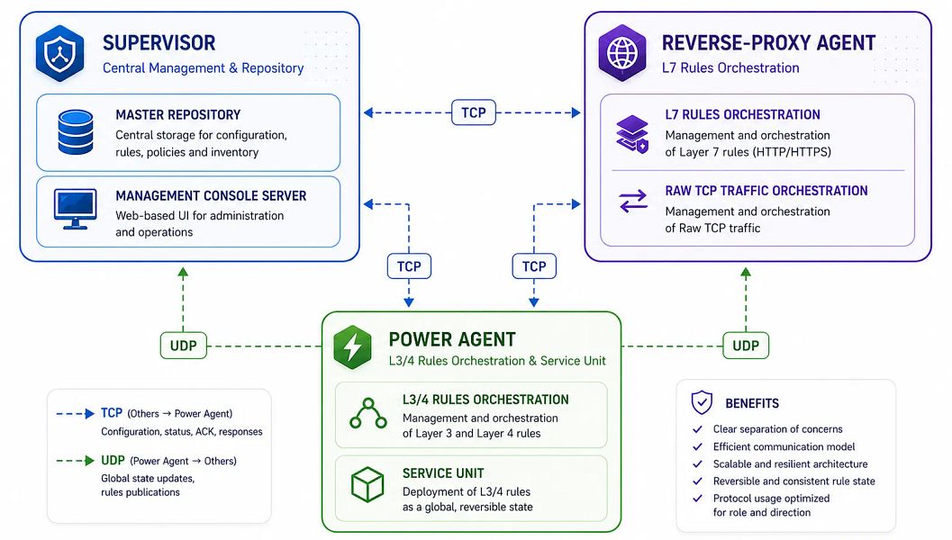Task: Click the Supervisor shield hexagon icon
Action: point(59,53)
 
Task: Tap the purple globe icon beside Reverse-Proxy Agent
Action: point(622,53)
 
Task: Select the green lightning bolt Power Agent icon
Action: point(353,347)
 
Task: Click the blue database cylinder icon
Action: point(76,131)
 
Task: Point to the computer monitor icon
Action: point(76,209)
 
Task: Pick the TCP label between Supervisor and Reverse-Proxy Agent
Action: point(474,112)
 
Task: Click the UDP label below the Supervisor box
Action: point(184,346)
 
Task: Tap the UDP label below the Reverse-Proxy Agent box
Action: point(746,346)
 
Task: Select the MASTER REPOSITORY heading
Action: point(178,114)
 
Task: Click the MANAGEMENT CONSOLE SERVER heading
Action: point(211,196)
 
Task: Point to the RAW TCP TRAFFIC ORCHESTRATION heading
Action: point(766,191)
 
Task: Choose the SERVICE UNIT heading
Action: point(443,473)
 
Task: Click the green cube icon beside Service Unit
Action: point(367,484)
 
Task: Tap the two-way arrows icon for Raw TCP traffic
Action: point(633,201)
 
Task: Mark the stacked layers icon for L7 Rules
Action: point(632,134)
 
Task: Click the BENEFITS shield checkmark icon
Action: point(702,402)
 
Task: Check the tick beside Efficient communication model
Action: point(698,446)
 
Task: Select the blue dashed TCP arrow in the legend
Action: point(76,414)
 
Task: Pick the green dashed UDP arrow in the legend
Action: point(76,461)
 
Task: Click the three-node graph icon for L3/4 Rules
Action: point(368,414)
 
